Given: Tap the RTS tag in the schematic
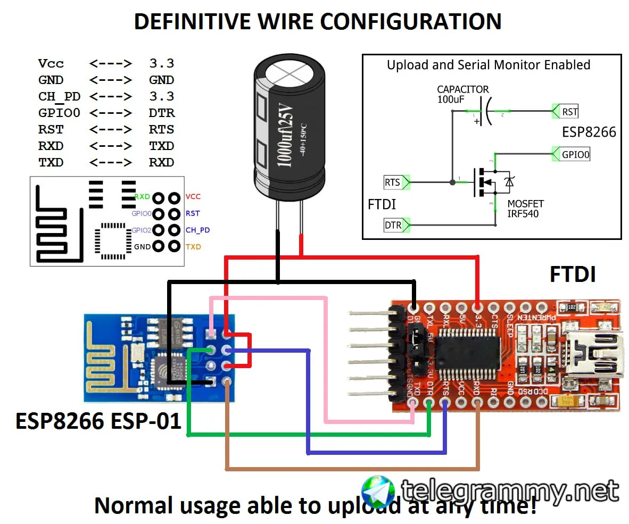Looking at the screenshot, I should [x=393, y=182].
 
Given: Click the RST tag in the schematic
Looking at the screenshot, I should [x=569, y=112].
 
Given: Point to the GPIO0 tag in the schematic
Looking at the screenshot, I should [x=575, y=155].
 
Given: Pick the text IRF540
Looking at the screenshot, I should [x=523, y=214].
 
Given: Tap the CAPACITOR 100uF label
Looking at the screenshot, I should [x=462, y=94].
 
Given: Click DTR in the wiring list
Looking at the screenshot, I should [x=161, y=113].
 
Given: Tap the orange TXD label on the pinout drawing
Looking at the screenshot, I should [x=193, y=247].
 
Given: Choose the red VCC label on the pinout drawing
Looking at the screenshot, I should [x=193, y=197].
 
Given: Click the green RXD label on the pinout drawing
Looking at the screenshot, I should [x=142, y=197].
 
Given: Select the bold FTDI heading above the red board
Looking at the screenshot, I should [x=572, y=275].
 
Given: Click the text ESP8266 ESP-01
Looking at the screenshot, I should [x=98, y=421].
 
